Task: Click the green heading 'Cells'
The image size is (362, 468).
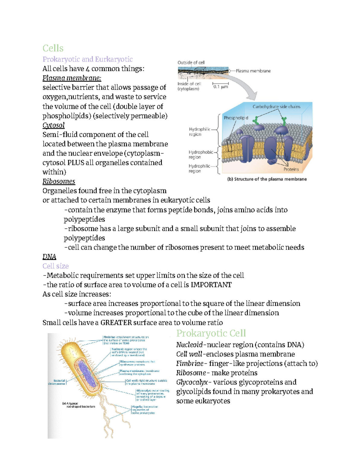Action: pyautogui.click(x=53, y=48)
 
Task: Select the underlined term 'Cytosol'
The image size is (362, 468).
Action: pyautogui.click(x=53, y=125)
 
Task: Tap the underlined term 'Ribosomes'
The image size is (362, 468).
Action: pyautogui.click(x=59, y=181)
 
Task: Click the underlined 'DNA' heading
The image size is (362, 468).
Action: pyautogui.click(x=49, y=257)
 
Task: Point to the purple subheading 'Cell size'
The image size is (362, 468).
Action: pyautogui.click(x=56, y=266)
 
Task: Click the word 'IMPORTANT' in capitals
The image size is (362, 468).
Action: pyautogui.click(x=211, y=285)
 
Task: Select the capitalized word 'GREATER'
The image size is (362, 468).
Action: pyautogui.click(x=116, y=323)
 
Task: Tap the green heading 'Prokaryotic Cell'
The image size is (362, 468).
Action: pyautogui.click(x=211, y=333)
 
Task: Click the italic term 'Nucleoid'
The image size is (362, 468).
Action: pyautogui.click(x=189, y=345)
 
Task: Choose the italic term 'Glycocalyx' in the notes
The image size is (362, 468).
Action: pyautogui.click(x=192, y=382)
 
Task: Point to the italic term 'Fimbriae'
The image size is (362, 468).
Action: pyautogui.click(x=190, y=364)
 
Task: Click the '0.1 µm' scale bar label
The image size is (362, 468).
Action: pyautogui.click(x=221, y=87)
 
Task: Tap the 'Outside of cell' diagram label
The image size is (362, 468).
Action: pyautogui.click(x=191, y=63)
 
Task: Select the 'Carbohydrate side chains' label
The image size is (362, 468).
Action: pyautogui.click(x=276, y=107)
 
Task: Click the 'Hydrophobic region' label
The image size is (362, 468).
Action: pyautogui.click(x=201, y=155)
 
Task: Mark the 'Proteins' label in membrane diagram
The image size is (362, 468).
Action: pyautogui.click(x=291, y=169)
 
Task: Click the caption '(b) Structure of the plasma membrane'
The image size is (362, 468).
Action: pyautogui.click(x=267, y=179)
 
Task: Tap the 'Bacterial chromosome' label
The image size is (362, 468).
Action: pyautogui.click(x=57, y=382)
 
